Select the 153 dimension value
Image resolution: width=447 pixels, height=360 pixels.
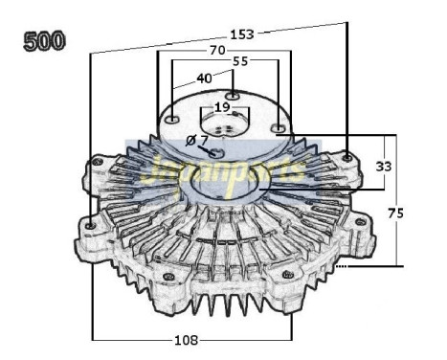coord(242,34)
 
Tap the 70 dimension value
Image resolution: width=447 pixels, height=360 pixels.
coord(218,50)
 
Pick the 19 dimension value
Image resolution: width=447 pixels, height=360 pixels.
coord(222,107)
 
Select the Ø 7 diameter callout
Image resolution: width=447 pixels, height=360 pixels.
coord(195,140)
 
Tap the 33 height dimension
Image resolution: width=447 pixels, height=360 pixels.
coord(383,165)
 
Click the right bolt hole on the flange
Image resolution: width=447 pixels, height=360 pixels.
coord(278,127)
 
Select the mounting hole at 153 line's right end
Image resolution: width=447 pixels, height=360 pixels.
coord(346,155)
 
